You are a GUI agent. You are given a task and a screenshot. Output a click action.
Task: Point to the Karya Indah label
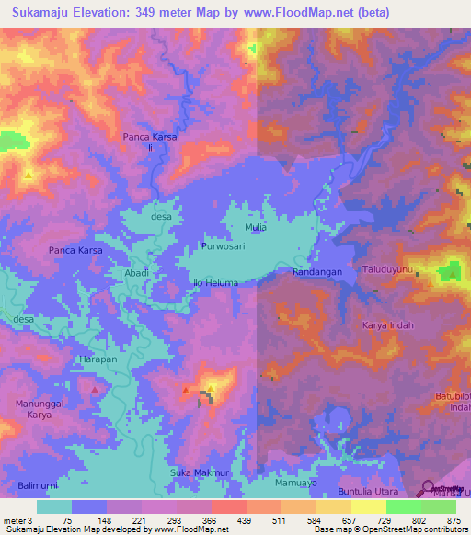(388, 325)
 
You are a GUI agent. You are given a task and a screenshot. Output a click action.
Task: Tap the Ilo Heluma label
(215, 282)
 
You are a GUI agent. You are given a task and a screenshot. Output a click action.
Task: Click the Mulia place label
(256, 226)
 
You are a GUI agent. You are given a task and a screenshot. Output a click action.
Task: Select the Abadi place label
(136, 273)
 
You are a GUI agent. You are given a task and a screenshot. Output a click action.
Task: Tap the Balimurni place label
(37, 484)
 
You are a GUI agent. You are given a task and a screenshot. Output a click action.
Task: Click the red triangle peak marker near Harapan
(96, 390)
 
